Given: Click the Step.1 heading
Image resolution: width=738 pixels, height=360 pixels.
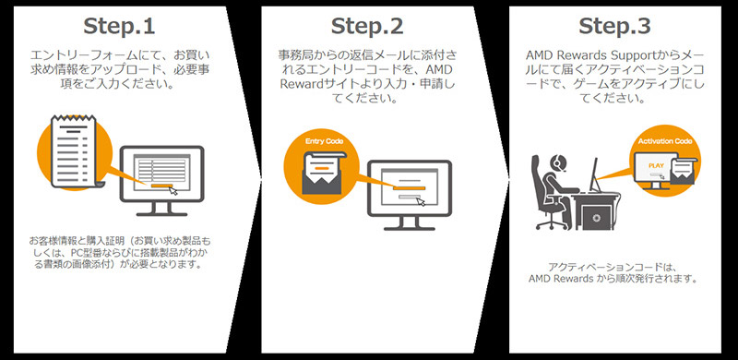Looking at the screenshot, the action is [x=119, y=27].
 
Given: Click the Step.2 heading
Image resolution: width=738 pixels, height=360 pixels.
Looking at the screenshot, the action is [x=367, y=27].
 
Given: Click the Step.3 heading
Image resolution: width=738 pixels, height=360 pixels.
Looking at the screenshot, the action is [x=614, y=27].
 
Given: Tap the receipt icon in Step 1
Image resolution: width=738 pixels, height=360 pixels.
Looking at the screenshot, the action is [x=74, y=150].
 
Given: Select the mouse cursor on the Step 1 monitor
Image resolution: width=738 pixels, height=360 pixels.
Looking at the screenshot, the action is [x=173, y=190].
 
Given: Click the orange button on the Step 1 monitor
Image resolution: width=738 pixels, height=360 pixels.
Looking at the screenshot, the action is [x=162, y=186].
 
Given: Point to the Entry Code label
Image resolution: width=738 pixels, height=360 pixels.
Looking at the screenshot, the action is [x=325, y=141].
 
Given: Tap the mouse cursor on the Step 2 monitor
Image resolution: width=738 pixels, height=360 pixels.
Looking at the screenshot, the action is [x=421, y=201].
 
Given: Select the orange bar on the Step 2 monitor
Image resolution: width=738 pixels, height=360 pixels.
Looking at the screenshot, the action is [x=409, y=188].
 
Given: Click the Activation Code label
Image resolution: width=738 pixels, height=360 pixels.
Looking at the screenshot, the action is [x=665, y=141].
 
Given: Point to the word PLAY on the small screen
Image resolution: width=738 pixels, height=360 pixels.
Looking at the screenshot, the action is [x=655, y=166].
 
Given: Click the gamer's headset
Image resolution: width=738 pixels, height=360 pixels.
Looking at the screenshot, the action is [x=556, y=162].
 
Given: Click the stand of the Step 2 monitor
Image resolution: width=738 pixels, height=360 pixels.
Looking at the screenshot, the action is [x=409, y=223].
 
